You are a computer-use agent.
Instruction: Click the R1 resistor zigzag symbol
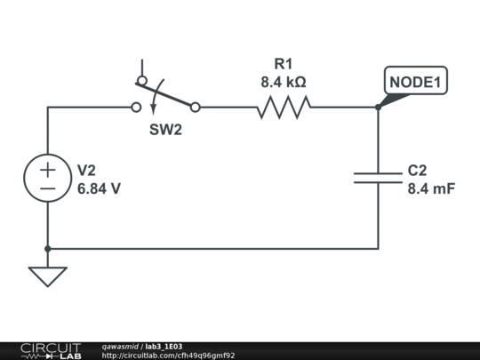[x=284, y=108]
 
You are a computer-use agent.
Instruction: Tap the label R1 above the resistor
[x=284, y=64]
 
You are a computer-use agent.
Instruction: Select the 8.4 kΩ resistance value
[x=284, y=82]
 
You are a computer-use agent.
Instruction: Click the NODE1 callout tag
[x=415, y=82]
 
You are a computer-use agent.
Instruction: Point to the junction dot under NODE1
[x=378, y=108]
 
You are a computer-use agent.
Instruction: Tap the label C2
[x=418, y=170]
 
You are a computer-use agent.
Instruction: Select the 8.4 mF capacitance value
[x=431, y=188]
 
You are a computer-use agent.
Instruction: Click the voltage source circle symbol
[x=47, y=178]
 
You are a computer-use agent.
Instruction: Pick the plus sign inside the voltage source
[x=47, y=169]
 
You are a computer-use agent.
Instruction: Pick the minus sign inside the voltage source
[x=47, y=188]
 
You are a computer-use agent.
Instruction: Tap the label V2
[x=86, y=170]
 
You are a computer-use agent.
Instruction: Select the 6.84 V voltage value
[x=99, y=188]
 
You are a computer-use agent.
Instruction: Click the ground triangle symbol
[x=47, y=276]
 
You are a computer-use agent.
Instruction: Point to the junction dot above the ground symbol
[x=47, y=249]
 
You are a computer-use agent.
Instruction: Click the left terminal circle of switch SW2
[x=136, y=108]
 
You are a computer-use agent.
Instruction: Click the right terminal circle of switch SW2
[x=196, y=108]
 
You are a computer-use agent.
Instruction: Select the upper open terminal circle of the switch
[x=141, y=80]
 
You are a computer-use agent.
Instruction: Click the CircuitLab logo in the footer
[x=51, y=350]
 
